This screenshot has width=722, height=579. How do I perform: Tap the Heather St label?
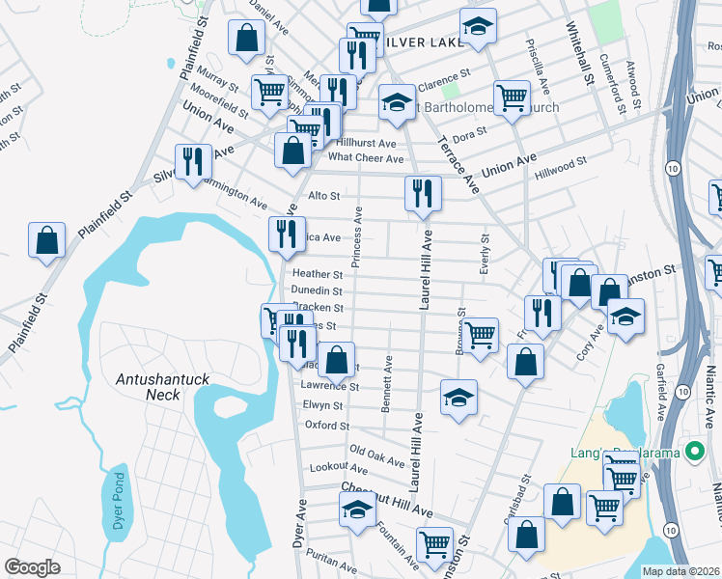click(x=318, y=274)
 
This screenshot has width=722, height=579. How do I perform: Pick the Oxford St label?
click(x=326, y=424)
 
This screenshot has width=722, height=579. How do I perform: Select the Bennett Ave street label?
click(x=386, y=384)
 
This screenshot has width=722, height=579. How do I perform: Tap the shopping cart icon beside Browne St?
click(x=480, y=336)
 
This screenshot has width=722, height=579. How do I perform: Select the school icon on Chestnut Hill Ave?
click(x=356, y=511)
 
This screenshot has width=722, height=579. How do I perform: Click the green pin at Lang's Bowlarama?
click(x=693, y=452)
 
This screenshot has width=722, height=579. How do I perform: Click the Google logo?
click(x=32, y=567)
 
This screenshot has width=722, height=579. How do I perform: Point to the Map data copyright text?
click(x=680, y=571)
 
